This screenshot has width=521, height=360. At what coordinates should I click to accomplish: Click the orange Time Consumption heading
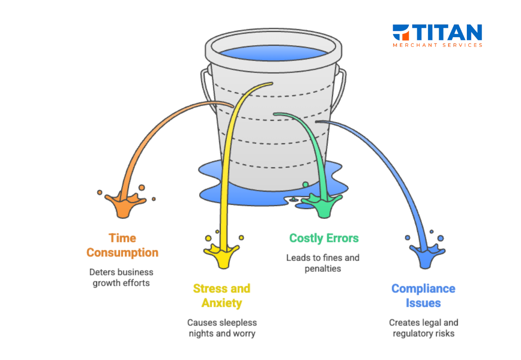[122, 245]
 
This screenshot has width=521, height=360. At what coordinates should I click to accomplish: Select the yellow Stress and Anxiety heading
[222, 296]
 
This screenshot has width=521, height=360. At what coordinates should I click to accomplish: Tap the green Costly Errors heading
[324, 238]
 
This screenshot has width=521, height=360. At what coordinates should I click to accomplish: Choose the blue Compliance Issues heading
[423, 296]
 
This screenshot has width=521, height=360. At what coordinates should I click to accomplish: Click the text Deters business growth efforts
[121, 277]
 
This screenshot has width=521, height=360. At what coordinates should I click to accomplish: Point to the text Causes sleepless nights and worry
[222, 328]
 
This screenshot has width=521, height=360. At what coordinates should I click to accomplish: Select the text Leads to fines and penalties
[323, 263]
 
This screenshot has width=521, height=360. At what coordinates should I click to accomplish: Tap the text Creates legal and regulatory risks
[423, 328]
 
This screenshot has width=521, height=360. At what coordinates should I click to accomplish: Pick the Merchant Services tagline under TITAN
[438, 45]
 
